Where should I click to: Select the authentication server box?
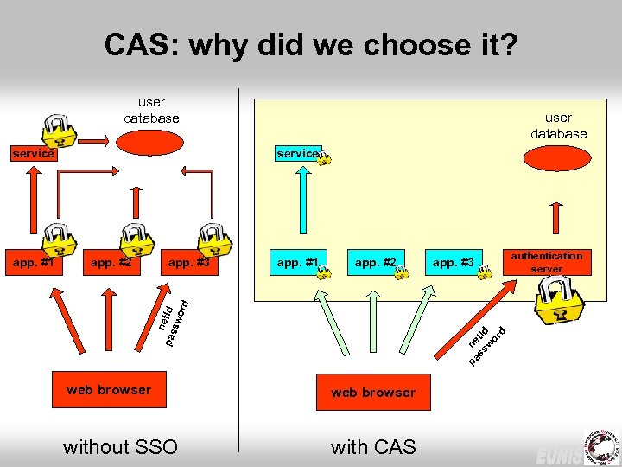point(546,262)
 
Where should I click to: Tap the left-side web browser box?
point(109,390)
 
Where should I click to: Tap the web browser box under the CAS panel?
point(372,393)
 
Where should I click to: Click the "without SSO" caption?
point(120,446)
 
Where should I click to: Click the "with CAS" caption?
point(373,446)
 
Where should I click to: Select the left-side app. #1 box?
point(32,262)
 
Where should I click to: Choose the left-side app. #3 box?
point(189,262)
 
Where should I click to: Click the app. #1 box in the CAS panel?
point(298,262)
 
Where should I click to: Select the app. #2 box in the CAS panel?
point(375,262)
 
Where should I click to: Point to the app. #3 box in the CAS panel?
point(454,262)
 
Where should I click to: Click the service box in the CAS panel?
point(298,153)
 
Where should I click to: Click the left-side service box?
point(32,154)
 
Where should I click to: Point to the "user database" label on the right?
point(558,125)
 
